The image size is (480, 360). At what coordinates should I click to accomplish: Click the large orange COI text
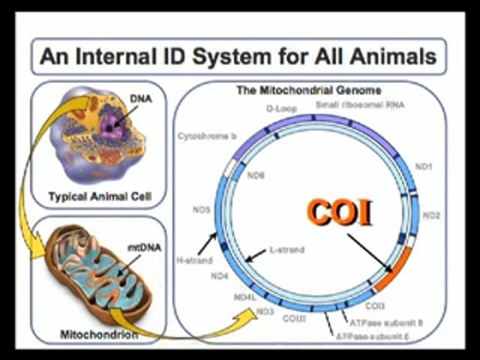point(340,213)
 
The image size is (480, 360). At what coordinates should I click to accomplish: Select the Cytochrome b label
point(208,136)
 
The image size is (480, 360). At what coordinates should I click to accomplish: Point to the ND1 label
point(424,166)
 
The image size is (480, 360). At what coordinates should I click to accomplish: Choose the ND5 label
point(200,209)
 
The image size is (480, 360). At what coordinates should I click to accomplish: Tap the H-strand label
point(194,260)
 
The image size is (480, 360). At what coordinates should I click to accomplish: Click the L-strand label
point(286,250)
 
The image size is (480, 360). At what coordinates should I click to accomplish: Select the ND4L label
point(245,298)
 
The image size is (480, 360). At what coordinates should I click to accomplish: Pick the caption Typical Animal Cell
point(100,197)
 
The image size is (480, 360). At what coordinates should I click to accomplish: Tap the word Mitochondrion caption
point(98,334)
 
